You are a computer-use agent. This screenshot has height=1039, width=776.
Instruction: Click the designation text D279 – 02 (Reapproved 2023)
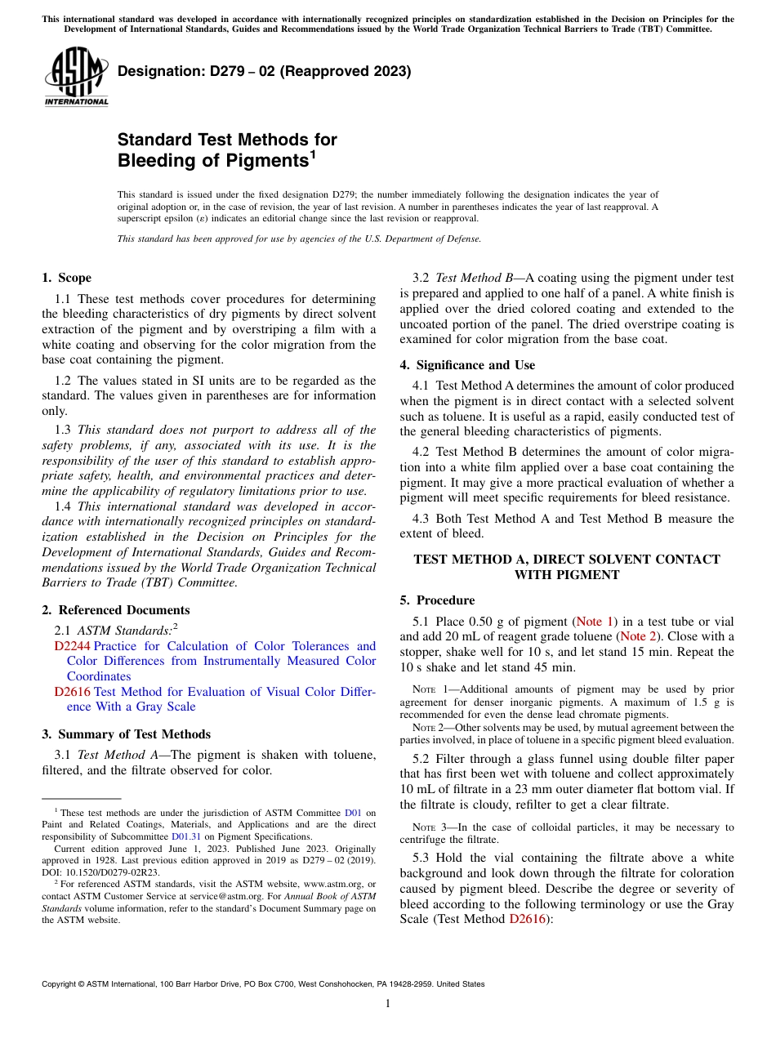[264, 72]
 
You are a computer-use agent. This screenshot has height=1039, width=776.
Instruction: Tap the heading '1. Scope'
[66, 278]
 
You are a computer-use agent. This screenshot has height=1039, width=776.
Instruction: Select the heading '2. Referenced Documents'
[115, 610]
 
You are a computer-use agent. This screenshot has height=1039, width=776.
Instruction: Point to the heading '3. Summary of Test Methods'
[126, 734]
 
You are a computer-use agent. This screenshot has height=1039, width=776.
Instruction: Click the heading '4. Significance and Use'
[467, 365]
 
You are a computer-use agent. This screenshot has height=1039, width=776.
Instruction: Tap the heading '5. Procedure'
[437, 600]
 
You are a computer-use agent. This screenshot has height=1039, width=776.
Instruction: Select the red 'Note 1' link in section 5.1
[596, 622]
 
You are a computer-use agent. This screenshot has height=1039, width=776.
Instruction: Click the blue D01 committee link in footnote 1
[353, 813]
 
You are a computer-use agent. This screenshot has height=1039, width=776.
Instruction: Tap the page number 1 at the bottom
[388, 1004]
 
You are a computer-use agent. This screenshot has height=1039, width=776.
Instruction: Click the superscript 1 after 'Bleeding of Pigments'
[312, 154]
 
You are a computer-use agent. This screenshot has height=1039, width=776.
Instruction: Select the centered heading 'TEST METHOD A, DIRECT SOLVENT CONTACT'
[566, 560]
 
